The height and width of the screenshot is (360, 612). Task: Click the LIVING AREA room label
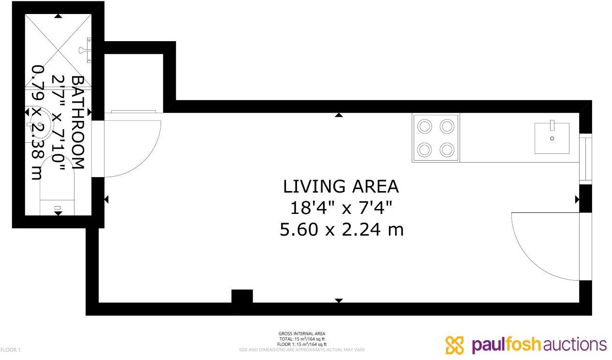(x=341, y=186)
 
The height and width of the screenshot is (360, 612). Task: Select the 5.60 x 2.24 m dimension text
(x=341, y=229)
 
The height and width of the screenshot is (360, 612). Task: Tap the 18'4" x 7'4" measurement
(x=341, y=208)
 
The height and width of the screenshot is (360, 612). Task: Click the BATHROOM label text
(x=77, y=122)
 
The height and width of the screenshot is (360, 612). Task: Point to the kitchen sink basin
(x=552, y=138)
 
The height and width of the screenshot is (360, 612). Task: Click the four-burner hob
(x=435, y=138)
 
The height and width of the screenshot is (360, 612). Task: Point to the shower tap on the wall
(x=87, y=50)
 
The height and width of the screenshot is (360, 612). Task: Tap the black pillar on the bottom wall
(x=242, y=296)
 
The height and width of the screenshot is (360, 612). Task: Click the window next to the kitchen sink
(x=585, y=158)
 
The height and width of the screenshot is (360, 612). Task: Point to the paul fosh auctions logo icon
(x=454, y=345)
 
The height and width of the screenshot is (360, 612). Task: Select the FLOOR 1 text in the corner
(x=11, y=349)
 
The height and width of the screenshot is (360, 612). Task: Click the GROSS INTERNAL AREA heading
(x=302, y=333)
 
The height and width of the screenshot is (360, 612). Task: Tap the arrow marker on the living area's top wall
(x=339, y=115)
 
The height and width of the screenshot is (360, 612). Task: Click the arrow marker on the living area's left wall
(x=106, y=199)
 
